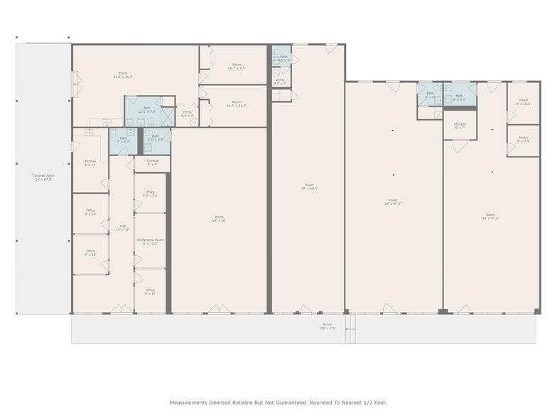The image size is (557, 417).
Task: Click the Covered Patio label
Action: tap(43, 177)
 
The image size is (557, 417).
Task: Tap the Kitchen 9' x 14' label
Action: tap(90, 162)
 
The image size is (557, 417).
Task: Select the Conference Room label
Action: tap(150, 242)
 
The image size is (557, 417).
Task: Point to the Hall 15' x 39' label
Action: tap(123, 228)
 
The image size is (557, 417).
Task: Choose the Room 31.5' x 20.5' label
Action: tap(123, 75)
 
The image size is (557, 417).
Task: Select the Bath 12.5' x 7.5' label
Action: tap(147, 110)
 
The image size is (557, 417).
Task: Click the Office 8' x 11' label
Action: tap(150, 291)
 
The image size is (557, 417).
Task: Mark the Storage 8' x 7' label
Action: tap(460, 126)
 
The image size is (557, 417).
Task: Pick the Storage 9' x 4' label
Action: tap(152, 162)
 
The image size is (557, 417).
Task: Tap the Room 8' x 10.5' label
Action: tap(523, 102)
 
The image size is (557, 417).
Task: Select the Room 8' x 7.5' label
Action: tap(523, 139)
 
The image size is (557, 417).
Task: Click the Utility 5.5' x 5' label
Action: tap(187, 113)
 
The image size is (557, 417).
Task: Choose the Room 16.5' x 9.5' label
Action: tap(237, 67)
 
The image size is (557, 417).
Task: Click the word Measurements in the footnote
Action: tap(191, 402)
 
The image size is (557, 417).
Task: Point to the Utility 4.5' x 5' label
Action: tap(280, 81)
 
